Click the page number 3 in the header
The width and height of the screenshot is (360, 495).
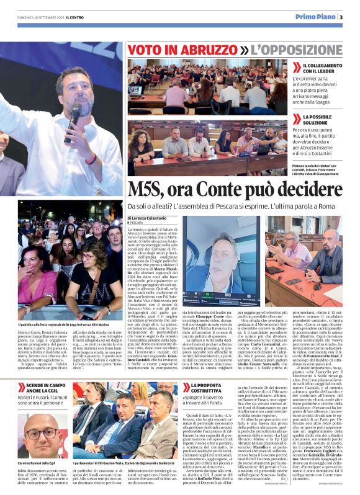click(x=341, y=17)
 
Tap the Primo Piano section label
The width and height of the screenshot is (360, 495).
click(x=313, y=17)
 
